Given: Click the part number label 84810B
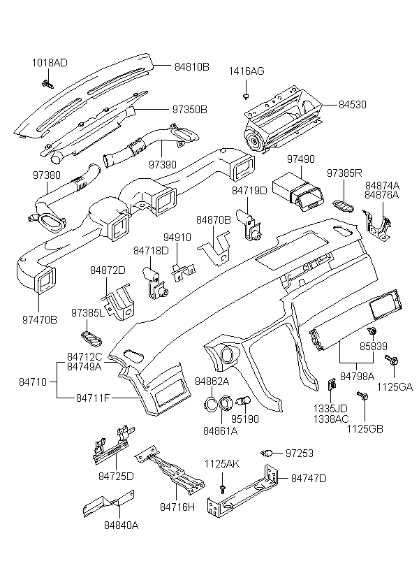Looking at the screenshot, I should [x=186, y=68].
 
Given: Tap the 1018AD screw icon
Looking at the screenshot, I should [x=48, y=85].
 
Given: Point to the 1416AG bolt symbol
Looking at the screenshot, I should [x=247, y=95].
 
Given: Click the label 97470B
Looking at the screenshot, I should [x=39, y=318].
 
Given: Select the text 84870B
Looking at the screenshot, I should [x=213, y=219].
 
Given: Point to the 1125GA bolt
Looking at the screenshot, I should [x=392, y=360].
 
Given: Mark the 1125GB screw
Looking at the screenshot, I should [x=363, y=396].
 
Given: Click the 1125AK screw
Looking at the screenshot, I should [x=222, y=486].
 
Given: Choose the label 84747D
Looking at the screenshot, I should [x=309, y=479].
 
